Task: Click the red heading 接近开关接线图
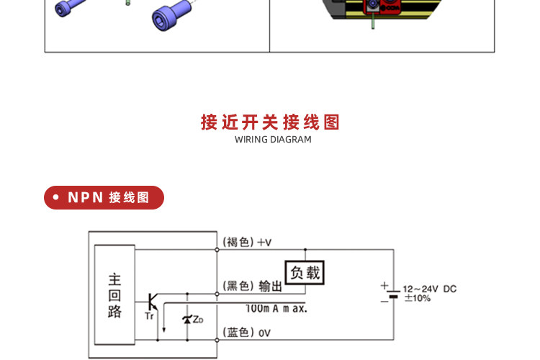(270, 122)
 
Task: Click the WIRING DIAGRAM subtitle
(273, 140)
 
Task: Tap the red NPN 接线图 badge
(104, 197)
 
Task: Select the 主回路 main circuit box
(114, 295)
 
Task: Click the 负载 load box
(305, 272)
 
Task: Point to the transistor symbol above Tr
(151, 302)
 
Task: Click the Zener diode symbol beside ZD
(187, 320)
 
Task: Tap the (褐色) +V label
(247, 242)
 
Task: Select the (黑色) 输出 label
(253, 286)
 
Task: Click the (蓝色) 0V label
(246, 333)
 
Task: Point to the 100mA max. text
(276, 308)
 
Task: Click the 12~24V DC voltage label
(430, 289)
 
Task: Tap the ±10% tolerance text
(418, 298)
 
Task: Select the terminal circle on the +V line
(217, 249)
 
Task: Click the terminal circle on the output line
(217, 294)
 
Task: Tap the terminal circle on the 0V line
(217, 340)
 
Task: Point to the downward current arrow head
(164, 330)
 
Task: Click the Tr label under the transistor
(149, 316)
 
